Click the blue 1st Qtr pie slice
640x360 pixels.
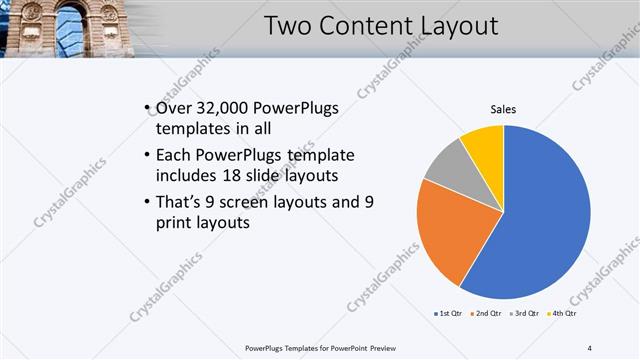click(x=545, y=220)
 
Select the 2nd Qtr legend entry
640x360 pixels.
click(x=487, y=314)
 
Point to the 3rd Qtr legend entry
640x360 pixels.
click(x=526, y=314)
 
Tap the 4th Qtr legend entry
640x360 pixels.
click(x=564, y=314)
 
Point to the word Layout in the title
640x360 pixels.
click(x=457, y=26)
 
